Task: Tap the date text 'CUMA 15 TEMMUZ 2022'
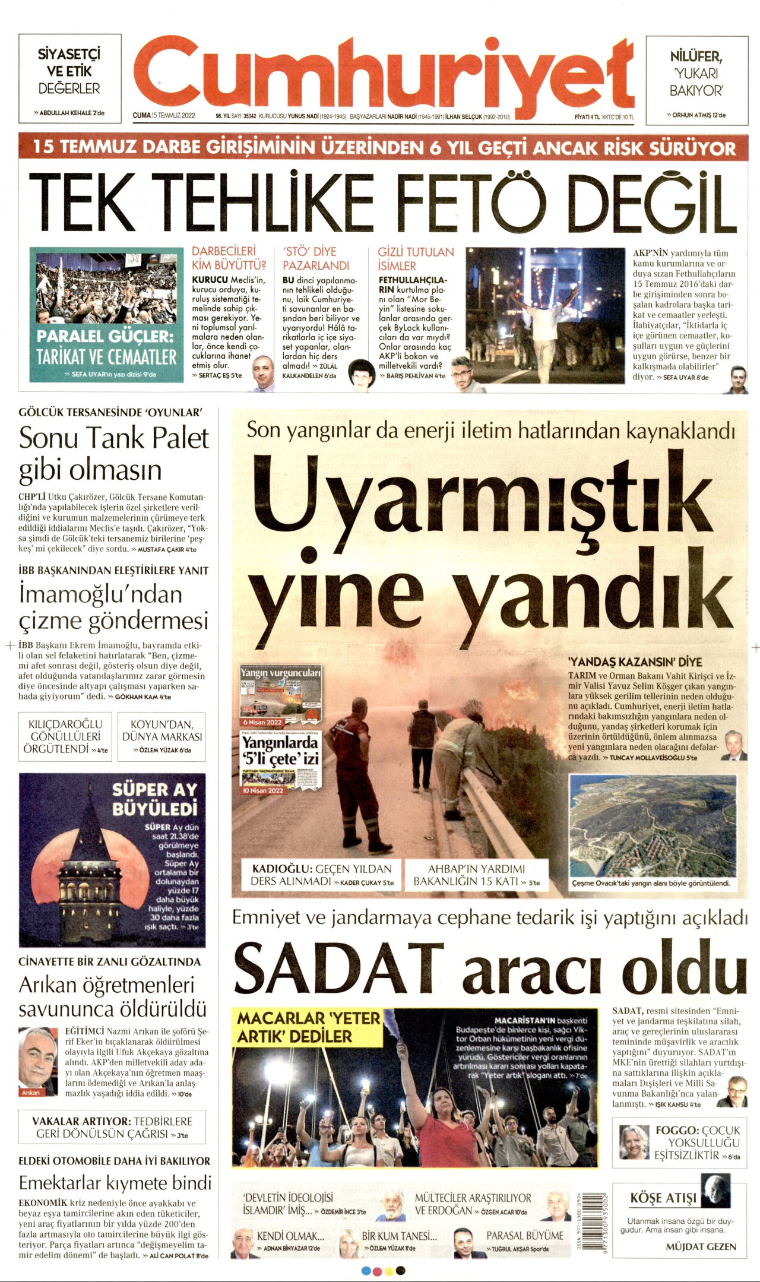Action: coord(164,116)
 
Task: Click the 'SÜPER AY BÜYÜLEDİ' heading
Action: coord(154,799)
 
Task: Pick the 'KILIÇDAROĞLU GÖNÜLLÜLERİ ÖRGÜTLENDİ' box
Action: coord(66,737)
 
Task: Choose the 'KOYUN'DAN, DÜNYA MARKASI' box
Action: coord(161,737)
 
